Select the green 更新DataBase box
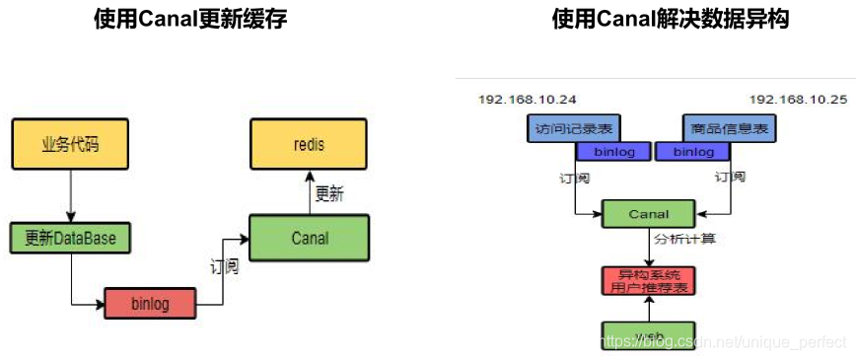[70, 238]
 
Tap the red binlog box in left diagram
[150, 303]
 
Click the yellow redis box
[309, 145]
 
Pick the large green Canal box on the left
[309, 238]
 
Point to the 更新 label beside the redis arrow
[329, 194]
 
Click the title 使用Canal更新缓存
[191, 19]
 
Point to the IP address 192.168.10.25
[798, 100]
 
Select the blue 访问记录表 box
[569, 128]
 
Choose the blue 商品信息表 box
[729, 128]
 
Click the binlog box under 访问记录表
[612, 152]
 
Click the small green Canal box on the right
[648, 214]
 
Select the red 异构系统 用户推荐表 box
[648, 280]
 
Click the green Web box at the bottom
[648, 335]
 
